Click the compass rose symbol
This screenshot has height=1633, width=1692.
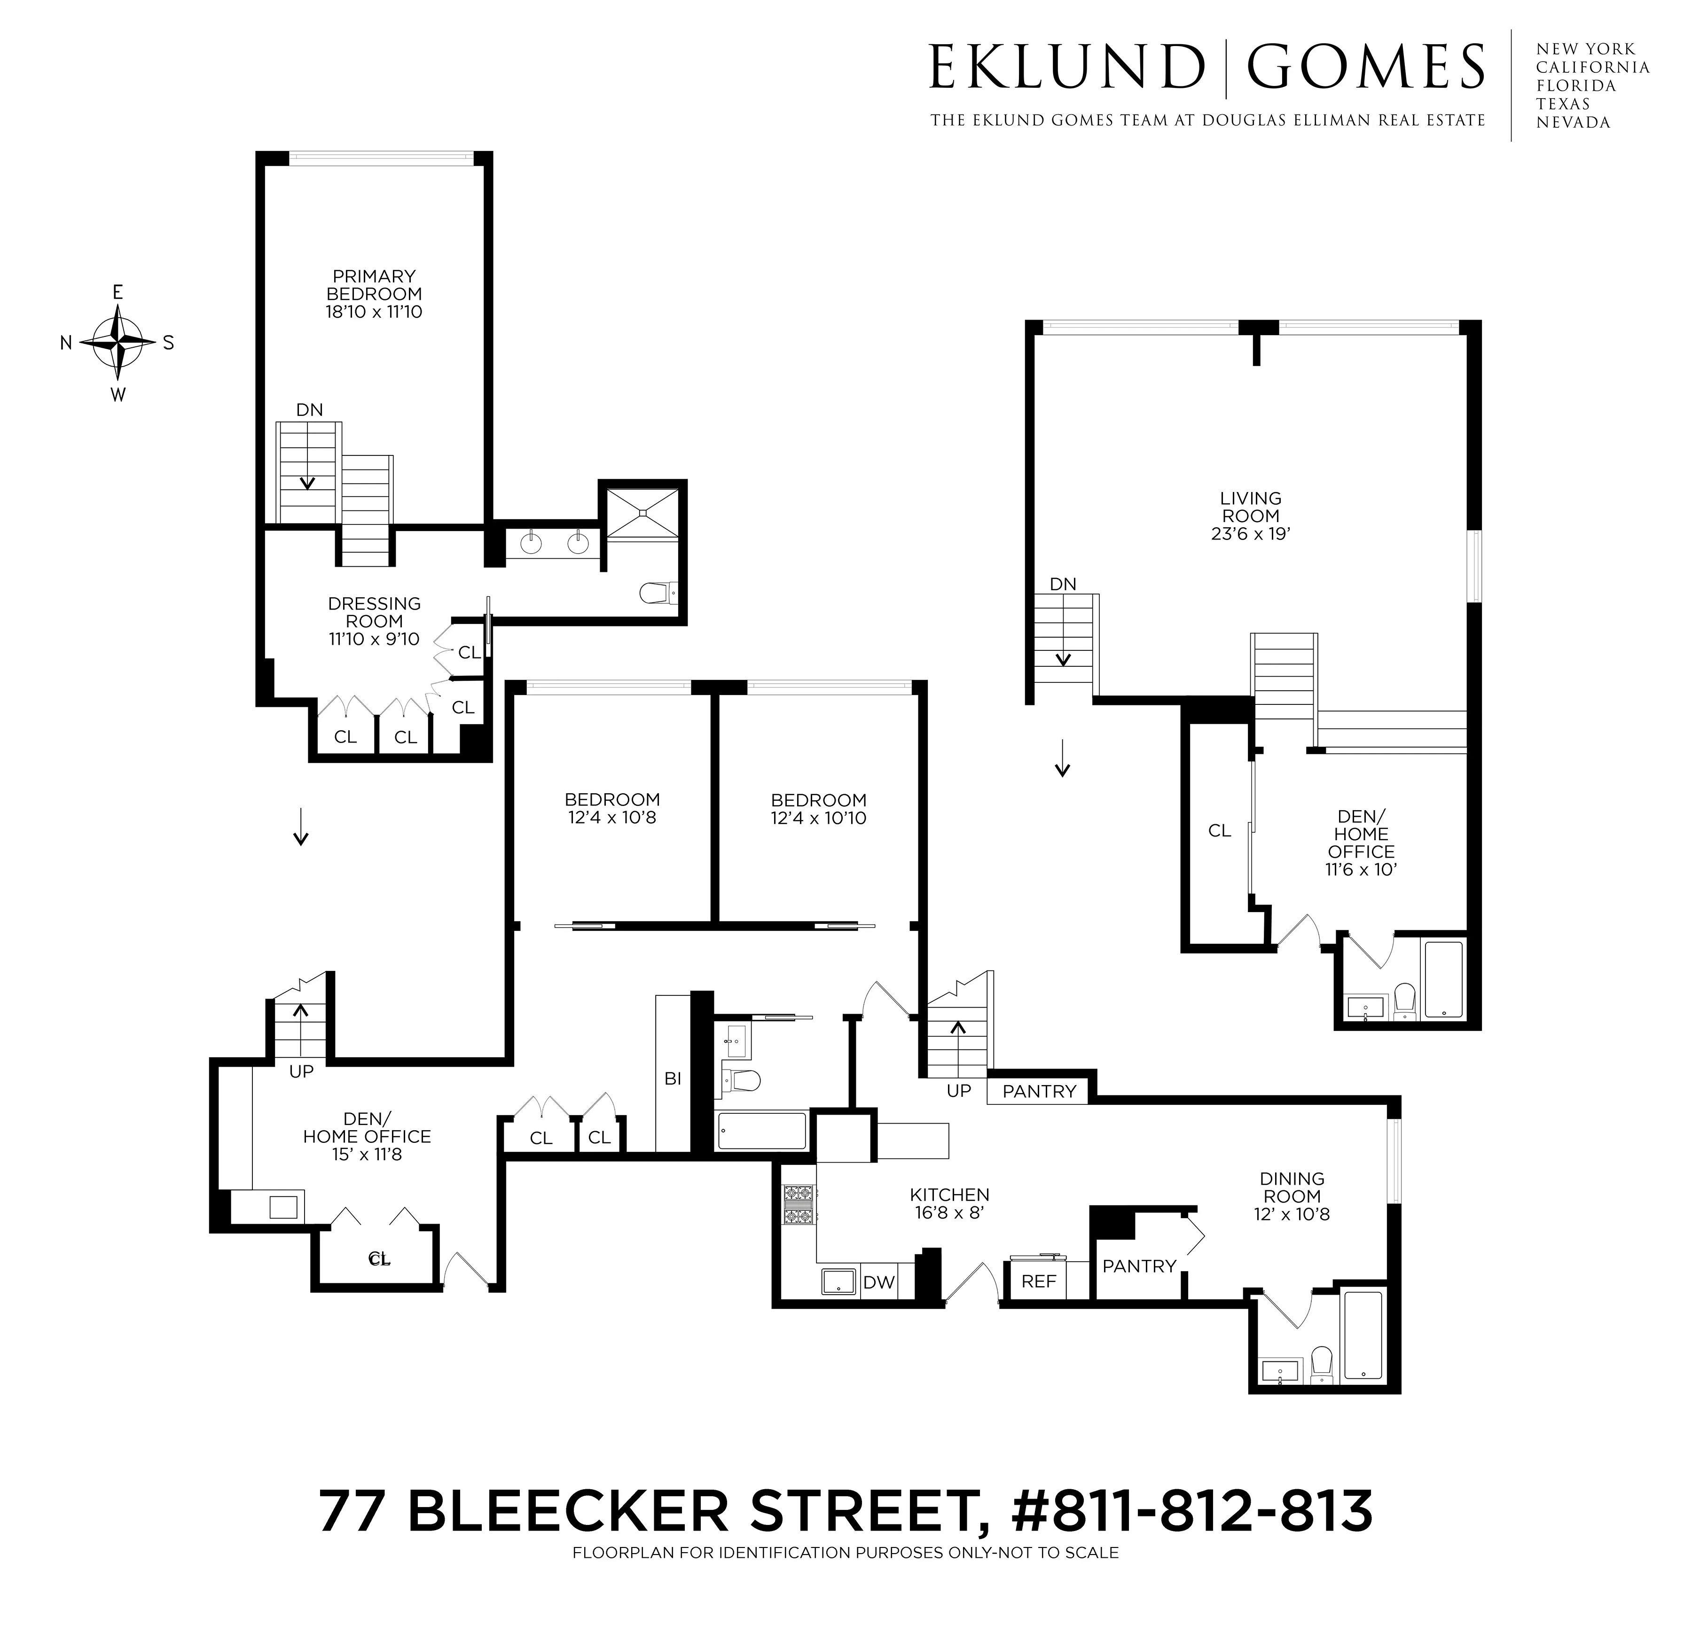(x=117, y=343)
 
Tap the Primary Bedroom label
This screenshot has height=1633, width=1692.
(x=374, y=285)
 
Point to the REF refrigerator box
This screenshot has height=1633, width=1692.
(x=1039, y=1281)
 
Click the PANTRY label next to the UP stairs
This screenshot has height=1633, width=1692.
(x=1039, y=1091)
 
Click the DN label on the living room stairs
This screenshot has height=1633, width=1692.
(x=1063, y=584)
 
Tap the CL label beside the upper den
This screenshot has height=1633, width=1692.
(x=1219, y=830)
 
